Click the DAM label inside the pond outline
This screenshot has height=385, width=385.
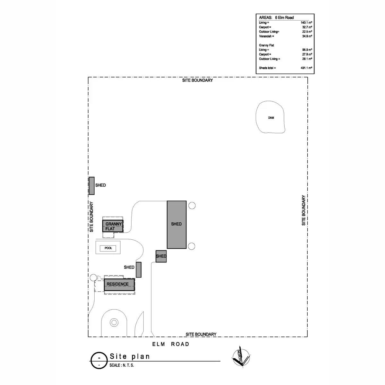click(271, 118)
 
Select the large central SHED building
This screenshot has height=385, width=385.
click(176, 224)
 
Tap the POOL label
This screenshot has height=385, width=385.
click(108, 248)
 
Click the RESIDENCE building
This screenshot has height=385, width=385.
click(119, 285)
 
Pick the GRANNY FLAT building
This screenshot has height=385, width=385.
click(113, 226)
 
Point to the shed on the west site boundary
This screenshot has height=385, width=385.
click(92, 186)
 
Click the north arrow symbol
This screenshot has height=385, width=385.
click(241, 356)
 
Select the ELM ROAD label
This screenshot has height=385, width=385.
click(171, 344)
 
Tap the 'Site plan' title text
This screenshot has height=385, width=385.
click(130, 356)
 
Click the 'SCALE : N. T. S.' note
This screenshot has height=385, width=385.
click(122, 365)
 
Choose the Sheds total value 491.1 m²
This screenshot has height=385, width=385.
click(306, 68)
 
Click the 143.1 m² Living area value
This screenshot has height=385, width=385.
click(306, 23)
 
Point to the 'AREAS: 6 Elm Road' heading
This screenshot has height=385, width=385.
click(276, 18)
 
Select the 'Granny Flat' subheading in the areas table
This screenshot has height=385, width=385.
click(267, 45)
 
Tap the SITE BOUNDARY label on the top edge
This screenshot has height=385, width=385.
click(197, 80)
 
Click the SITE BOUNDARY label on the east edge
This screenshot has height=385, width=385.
click(304, 210)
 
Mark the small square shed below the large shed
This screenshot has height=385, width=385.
click(161, 256)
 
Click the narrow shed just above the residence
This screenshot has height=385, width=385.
click(139, 269)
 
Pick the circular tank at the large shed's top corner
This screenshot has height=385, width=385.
click(192, 206)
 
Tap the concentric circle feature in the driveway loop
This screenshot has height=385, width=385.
click(114, 322)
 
